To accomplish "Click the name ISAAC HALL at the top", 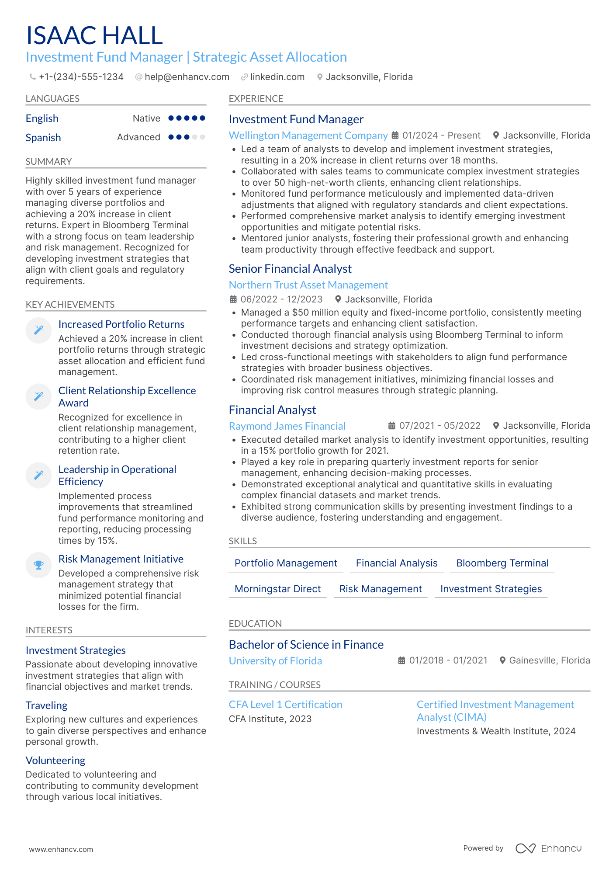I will (x=94, y=35).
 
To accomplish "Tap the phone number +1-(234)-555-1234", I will (x=81, y=77).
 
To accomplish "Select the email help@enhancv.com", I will (x=187, y=77).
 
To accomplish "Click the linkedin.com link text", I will (x=277, y=77).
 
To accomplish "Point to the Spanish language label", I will (x=43, y=138).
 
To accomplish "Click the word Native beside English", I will (x=146, y=118).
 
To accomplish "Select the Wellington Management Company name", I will (x=308, y=135).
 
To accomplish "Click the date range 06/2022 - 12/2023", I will (x=281, y=299).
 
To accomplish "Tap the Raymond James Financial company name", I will (x=287, y=426).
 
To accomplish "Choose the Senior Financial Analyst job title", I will (x=290, y=269).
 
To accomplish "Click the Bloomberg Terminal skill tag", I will (x=502, y=563).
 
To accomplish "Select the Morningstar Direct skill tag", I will (x=277, y=589).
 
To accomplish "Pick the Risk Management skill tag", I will (x=381, y=589).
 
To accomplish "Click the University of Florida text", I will (x=275, y=661).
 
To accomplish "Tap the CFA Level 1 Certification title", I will (x=285, y=705).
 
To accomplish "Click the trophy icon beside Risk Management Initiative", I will (x=38, y=565).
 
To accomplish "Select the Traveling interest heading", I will (x=46, y=705).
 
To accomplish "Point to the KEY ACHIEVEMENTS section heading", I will (x=70, y=305).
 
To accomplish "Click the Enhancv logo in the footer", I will (x=548, y=848).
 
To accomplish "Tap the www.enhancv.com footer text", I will (x=61, y=849).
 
